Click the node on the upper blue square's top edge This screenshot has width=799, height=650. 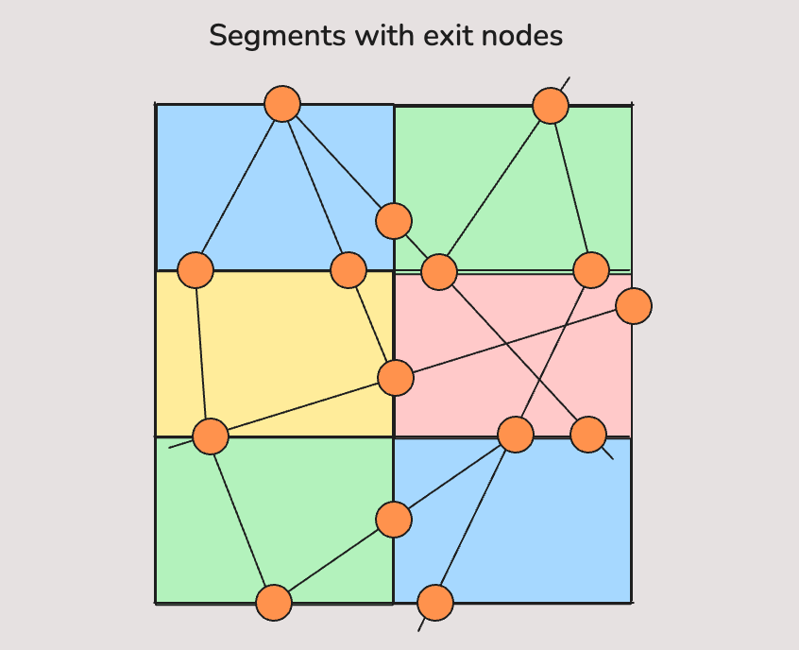(x=282, y=104)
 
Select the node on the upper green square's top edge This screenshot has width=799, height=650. (x=551, y=106)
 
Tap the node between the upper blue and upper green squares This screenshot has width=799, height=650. (x=394, y=221)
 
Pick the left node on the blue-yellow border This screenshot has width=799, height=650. (x=195, y=270)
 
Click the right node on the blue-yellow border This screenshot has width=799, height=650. (x=348, y=270)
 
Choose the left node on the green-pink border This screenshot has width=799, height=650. (x=439, y=272)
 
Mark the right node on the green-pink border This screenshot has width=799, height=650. (x=591, y=270)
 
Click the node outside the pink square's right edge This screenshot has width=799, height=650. (x=634, y=306)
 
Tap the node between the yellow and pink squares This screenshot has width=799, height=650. (x=396, y=378)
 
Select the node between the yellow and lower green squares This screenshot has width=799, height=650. (x=211, y=436)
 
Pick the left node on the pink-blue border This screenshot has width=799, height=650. (x=516, y=435)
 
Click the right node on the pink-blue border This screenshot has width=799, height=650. (x=588, y=435)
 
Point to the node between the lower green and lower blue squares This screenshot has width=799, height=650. (x=394, y=520)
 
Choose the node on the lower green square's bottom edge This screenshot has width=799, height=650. (x=274, y=603)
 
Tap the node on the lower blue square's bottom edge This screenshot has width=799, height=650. (x=435, y=603)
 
